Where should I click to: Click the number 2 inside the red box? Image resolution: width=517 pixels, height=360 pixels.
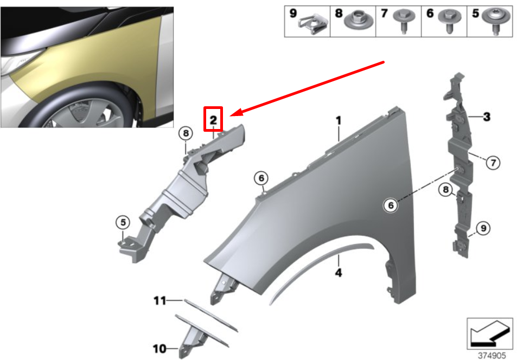(214, 119)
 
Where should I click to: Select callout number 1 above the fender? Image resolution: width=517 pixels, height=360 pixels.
(338, 120)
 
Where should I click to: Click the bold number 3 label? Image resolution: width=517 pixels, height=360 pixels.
(487, 117)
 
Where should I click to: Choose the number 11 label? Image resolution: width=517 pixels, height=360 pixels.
(159, 300)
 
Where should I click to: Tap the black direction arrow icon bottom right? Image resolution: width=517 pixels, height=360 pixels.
(490, 333)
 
